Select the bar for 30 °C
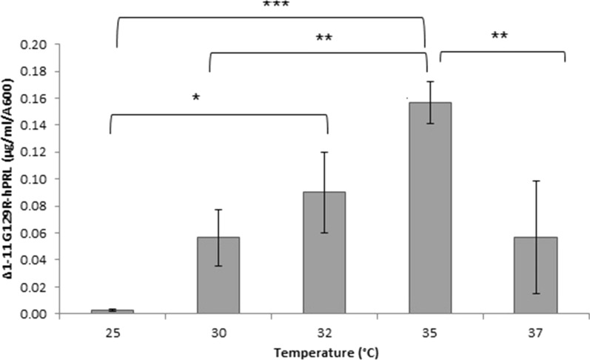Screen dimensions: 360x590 tap(218, 276)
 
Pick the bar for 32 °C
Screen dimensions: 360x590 tap(324, 253)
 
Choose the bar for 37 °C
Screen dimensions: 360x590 tap(536, 276)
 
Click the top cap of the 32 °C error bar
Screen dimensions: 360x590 tap(324, 153)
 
